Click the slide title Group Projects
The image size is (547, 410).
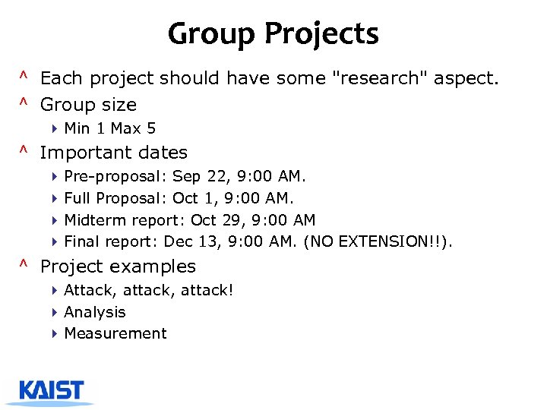273,34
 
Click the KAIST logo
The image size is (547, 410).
52,390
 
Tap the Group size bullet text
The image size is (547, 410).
88,105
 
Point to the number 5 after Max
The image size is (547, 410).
151,128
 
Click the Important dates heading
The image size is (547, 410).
113,153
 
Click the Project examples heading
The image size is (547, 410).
118,266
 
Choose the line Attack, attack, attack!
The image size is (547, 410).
149,291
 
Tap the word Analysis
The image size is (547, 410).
95,312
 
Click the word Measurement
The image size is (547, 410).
115,333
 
